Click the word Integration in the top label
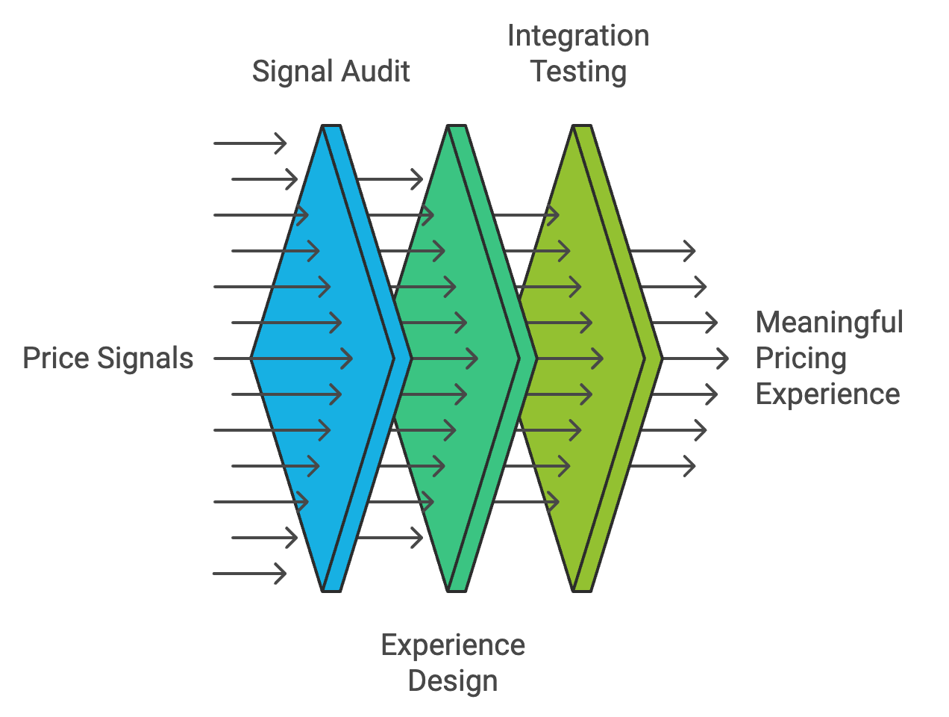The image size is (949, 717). point(577,36)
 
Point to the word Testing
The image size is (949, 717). point(578,72)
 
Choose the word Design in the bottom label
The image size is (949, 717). point(453,681)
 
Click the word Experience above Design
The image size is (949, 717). point(453,645)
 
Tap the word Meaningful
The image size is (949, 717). point(829,323)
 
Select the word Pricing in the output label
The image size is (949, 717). point(801,358)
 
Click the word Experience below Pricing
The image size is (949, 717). point(827,394)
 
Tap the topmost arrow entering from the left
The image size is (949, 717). point(250,143)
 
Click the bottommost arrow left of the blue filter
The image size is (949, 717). point(250,574)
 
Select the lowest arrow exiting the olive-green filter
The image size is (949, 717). point(663,466)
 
